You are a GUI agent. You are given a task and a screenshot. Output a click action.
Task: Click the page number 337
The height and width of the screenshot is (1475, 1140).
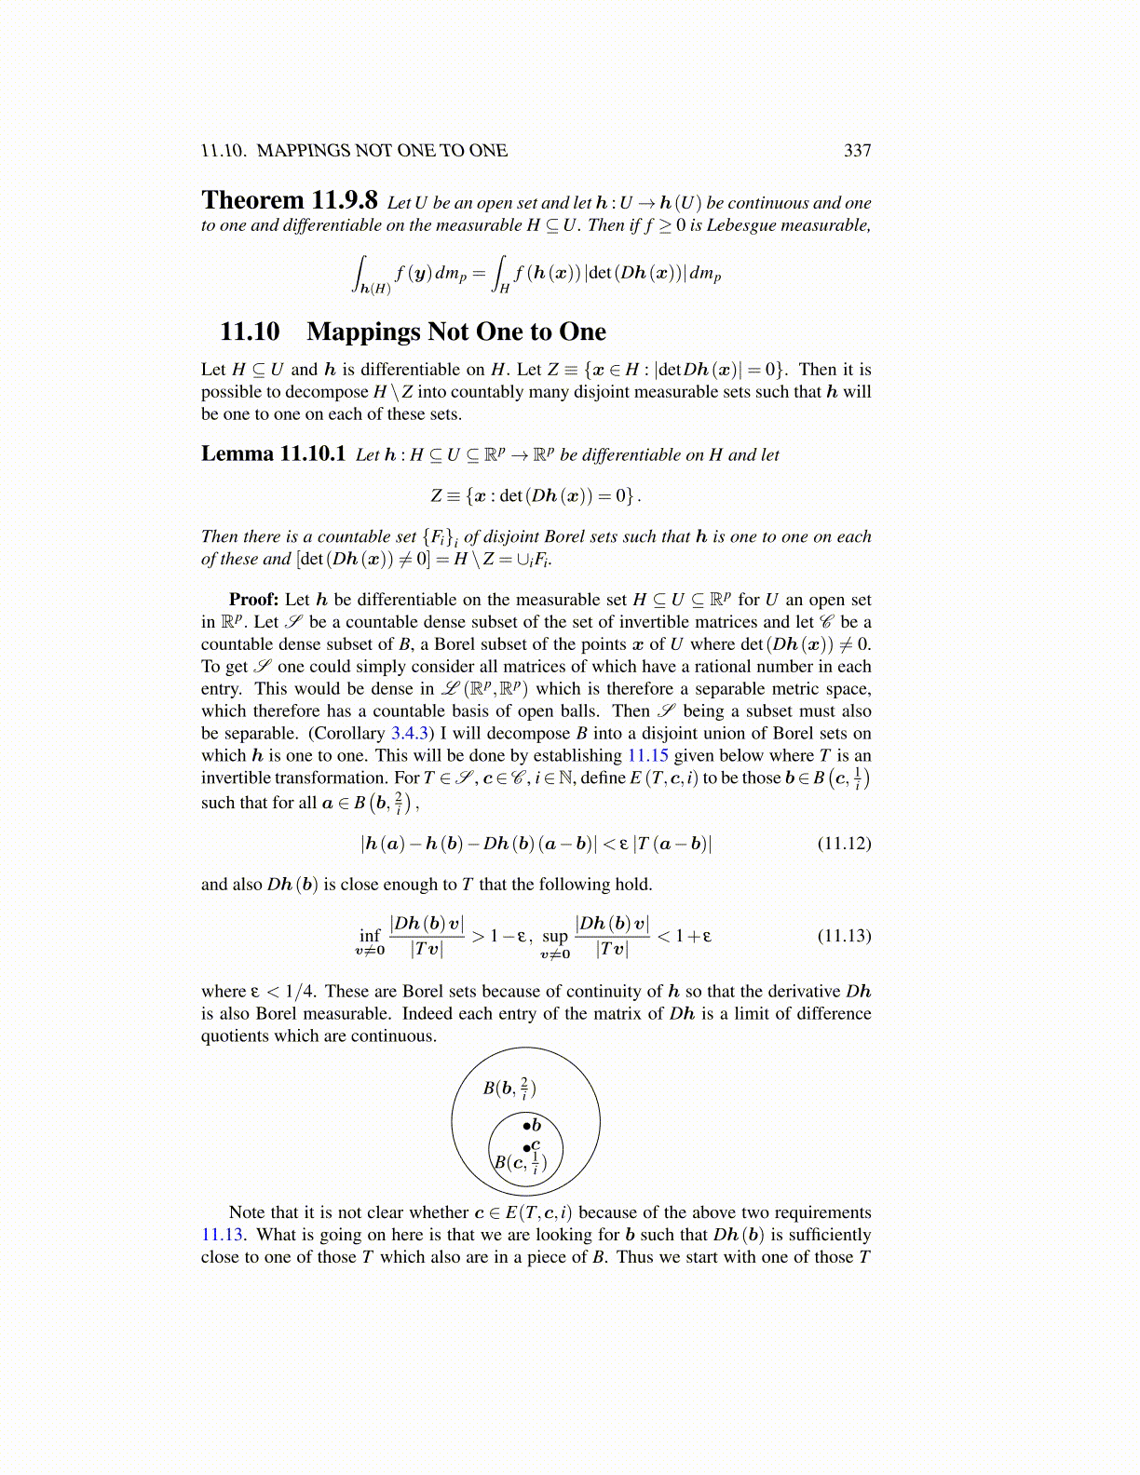tap(857, 151)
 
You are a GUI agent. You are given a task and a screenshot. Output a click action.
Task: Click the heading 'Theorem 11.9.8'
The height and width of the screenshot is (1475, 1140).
tap(290, 201)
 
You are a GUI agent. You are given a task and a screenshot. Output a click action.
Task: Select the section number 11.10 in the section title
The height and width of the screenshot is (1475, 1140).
tap(250, 332)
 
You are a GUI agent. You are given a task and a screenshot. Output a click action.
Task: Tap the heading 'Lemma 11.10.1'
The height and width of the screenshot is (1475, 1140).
tap(273, 454)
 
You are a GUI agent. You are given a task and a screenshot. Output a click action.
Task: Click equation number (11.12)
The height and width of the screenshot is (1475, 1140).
tap(844, 844)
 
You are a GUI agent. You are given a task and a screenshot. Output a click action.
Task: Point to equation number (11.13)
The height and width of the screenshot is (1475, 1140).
tap(844, 935)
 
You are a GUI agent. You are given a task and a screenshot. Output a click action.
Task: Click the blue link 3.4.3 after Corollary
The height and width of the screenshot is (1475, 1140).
tap(410, 734)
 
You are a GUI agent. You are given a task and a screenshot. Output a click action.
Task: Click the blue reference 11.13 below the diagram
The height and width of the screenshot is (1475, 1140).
tap(222, 1235)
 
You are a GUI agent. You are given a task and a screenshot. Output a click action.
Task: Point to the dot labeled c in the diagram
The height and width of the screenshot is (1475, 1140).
tap(526, 1149)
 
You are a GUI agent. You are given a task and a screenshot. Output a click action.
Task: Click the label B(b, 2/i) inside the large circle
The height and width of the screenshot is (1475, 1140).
tap(509, 1088)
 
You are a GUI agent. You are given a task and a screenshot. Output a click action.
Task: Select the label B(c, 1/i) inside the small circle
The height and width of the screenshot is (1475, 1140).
tap(520, 1162)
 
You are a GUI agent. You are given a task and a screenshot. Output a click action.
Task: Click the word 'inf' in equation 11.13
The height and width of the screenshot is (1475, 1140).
tap(370, 935)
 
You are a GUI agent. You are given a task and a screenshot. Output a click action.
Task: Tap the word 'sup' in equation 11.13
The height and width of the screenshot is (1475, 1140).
tap(555, 936)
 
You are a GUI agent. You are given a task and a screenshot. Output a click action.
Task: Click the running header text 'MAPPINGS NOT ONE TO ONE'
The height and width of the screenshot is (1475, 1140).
tap(382, 151)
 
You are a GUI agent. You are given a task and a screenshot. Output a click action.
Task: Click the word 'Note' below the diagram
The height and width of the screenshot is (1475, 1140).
tap(247, 1212)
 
